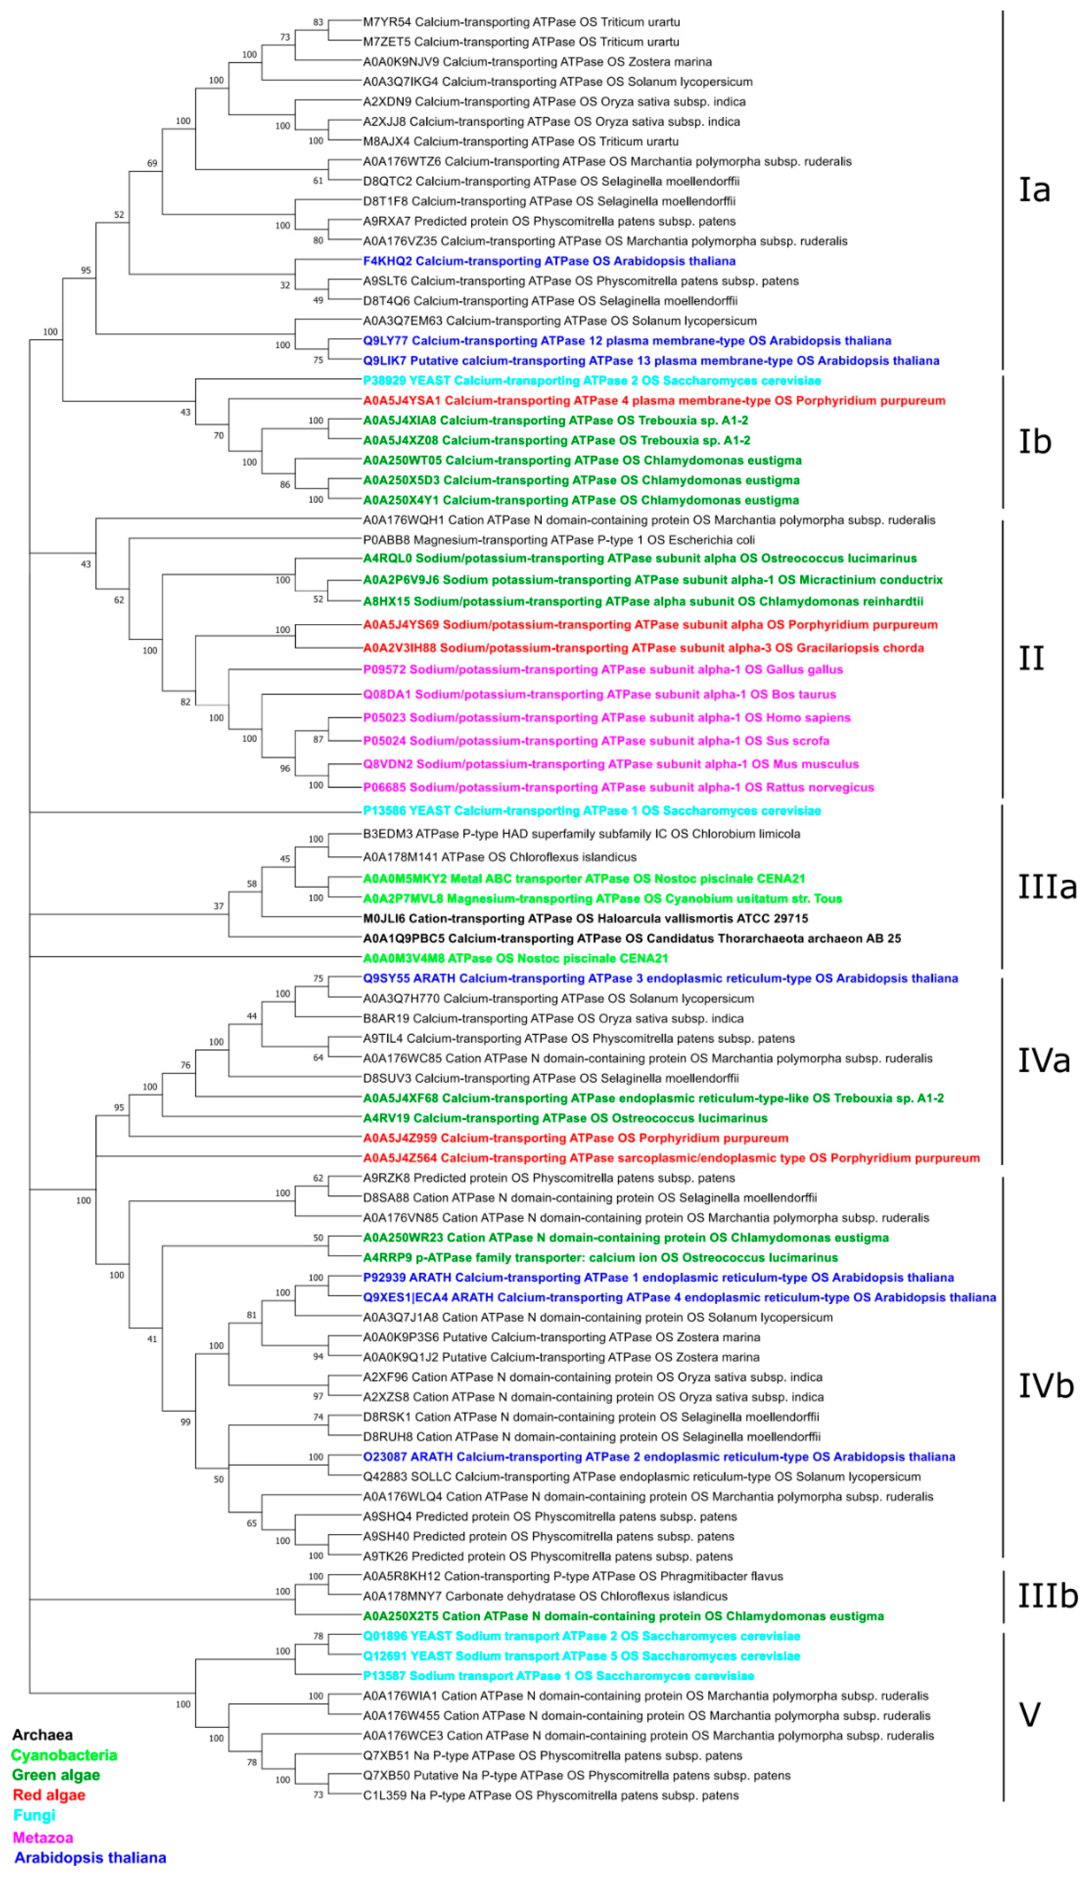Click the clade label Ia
tap(1034, 190)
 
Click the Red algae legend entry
tap(49, 1795)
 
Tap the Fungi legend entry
tap(34, 1815)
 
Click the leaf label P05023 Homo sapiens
tap(606, 717)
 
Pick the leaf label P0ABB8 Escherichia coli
tap(558, 540)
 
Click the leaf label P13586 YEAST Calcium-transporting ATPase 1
tap(591, 810)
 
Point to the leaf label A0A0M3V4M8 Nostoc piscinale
tap(515, 958)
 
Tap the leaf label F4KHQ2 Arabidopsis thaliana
tap(549, 261)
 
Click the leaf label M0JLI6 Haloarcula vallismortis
tap(585, 919)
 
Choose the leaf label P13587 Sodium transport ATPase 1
tap(558, 1675)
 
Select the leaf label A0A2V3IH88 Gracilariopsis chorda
tap(643, 648)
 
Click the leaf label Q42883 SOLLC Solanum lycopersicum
tap(641, 1476)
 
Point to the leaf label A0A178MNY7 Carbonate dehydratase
tap(544, 1596)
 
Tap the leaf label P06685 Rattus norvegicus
tap(618, 787)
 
